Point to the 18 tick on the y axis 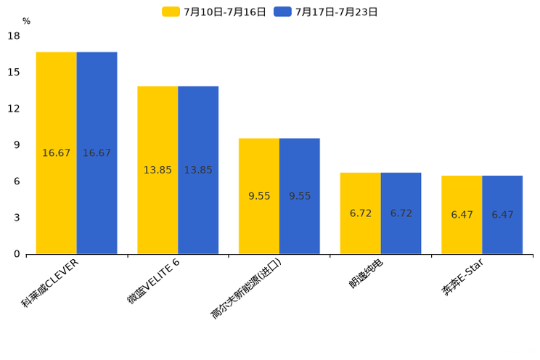coord(14,36)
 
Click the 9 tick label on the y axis coord(17,144)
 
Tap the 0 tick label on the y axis coord(17,254)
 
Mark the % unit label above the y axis coord(26,21)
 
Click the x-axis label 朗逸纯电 coord(366,274)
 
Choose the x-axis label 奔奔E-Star coord(462,277)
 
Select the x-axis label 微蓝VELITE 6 coord(153,280)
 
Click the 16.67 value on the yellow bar coord(56,153)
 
